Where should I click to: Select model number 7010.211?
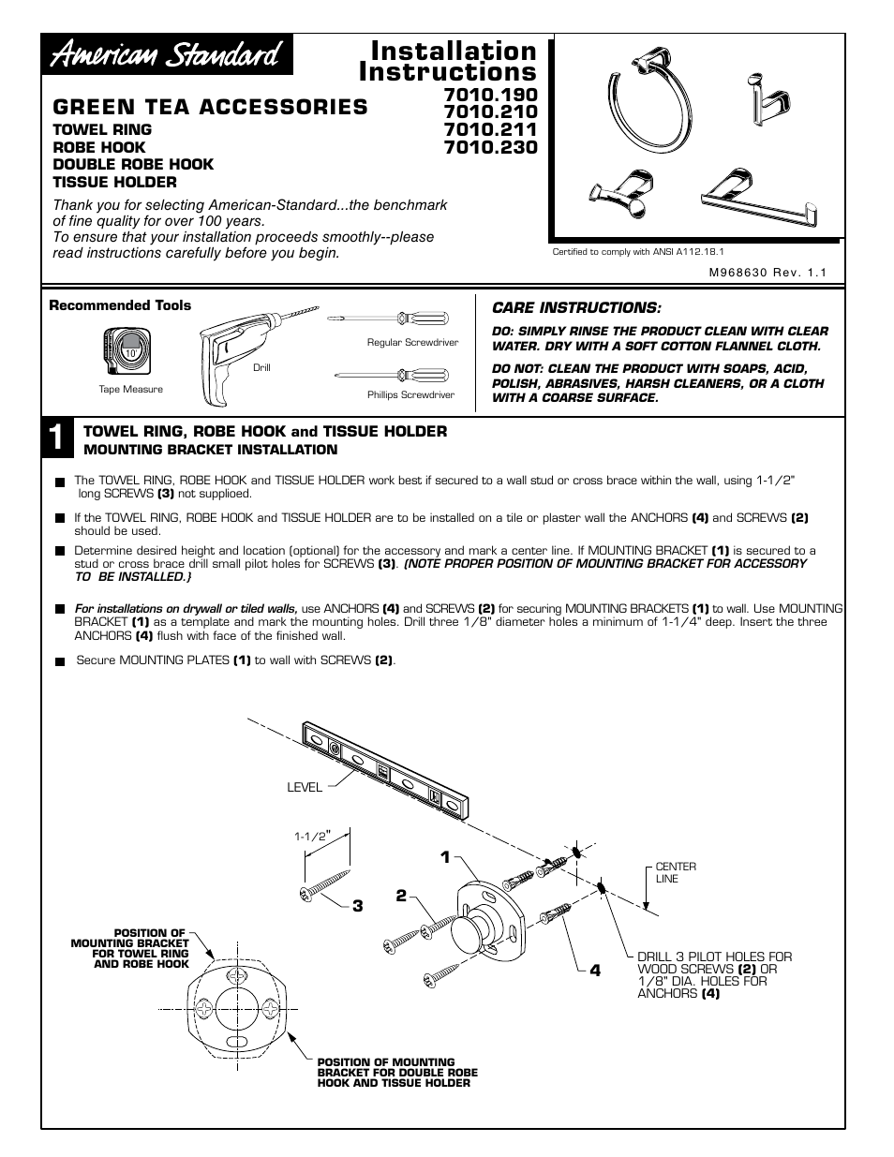tap(490, 129)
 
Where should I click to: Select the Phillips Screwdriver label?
tap(410, 394)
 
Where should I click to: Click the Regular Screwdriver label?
tap(412, 342)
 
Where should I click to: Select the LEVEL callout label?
tap(304, 788)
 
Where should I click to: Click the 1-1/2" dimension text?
tap(313, 836)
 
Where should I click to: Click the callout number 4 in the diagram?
tap(594, 970)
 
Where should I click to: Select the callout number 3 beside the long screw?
tap(357, 906)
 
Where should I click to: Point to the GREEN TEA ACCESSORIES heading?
tap(210, 107)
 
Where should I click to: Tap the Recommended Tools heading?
tap(120, 305)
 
